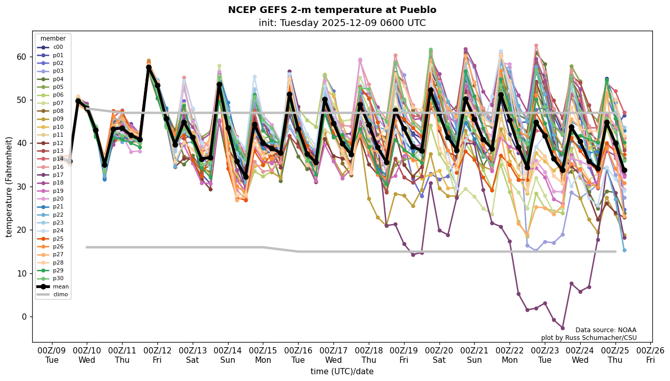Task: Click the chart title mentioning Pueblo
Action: (332, 10)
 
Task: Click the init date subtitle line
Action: (342, 23)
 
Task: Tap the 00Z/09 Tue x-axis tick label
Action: (52, 356)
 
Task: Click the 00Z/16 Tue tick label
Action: (298, 356)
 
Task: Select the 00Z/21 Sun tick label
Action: (474, 356)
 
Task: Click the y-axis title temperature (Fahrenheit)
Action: (9, 187)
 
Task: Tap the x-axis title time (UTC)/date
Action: (342, 372)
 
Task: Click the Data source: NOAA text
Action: (606, 330)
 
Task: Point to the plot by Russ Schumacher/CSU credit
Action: (588, 338)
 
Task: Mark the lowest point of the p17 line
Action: (562, 328)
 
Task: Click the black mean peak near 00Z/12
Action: (149, 68)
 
